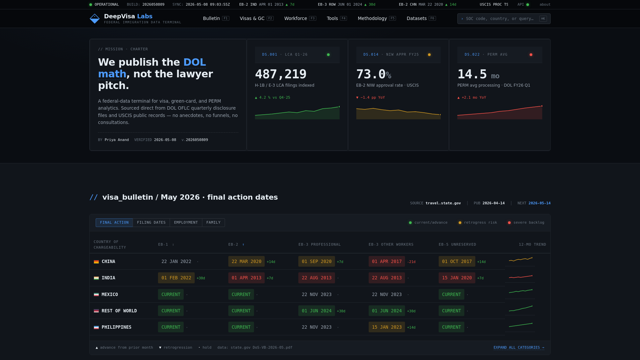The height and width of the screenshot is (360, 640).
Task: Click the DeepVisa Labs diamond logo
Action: [95, 19]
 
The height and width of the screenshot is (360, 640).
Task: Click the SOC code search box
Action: [504, 19]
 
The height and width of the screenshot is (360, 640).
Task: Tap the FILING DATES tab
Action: [151, 223]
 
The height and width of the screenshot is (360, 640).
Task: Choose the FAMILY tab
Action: [213, 223]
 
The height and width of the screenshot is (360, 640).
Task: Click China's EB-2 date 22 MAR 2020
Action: [246, 261]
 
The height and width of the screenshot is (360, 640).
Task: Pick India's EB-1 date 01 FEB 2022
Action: [176, 278]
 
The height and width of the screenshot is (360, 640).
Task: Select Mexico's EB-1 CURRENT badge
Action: [171, 294]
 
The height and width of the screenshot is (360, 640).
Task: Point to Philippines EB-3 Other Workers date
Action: [387, 327]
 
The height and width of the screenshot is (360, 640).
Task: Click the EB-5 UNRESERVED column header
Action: [457, 245]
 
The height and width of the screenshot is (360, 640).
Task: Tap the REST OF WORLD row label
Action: [119, 311]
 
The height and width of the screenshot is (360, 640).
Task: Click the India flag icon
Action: [96, 278]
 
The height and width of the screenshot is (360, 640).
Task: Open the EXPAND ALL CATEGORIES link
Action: [519, 347]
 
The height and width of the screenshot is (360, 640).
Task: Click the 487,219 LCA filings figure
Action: [281, 74]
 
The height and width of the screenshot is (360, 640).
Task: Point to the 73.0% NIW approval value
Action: [374, 74]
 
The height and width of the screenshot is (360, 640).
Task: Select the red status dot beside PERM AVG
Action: [531, 55]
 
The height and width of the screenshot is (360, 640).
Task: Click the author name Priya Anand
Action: [117, 140]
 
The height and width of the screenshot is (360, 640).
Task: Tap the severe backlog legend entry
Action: [526, 223]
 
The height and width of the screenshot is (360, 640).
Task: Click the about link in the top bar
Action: [545, 5]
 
